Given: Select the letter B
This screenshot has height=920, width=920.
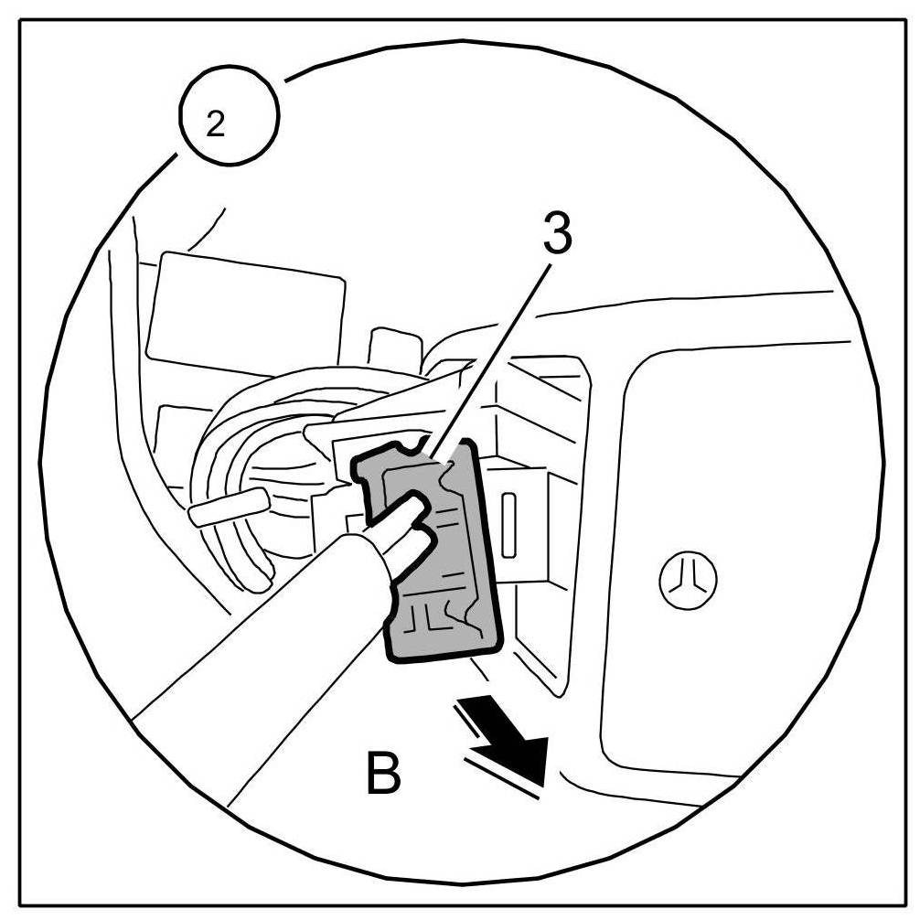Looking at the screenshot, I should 382,774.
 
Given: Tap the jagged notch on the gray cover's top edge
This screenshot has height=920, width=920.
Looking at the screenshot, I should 416,447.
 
